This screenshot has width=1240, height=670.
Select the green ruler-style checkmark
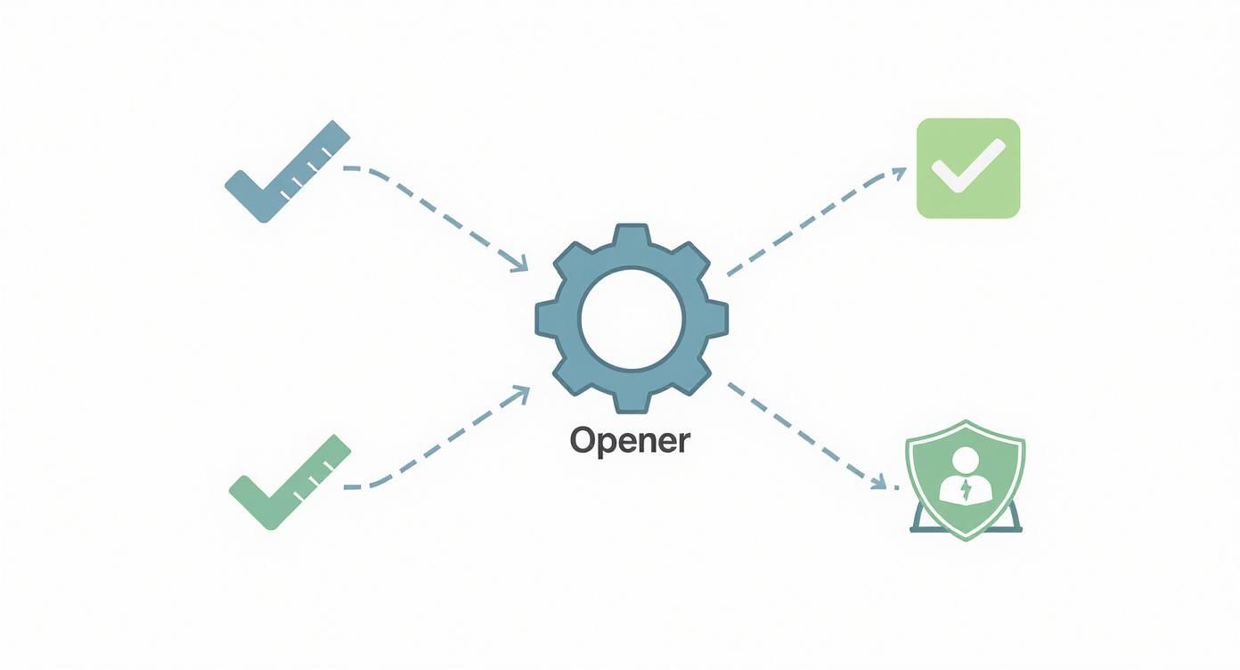pyautogui.click(x=290, y=482)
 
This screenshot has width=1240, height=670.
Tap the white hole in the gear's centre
pyautogui.click(x=632, y=317)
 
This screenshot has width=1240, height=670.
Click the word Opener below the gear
pyautogui.click(x=629, y=440)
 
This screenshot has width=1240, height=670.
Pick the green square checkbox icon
pyautogui.click(x=967, y=168)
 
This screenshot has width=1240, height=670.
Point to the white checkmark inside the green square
pyautogui.click(x=967, y=167)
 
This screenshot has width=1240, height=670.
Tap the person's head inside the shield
pyautogui.click(x=966, y=462)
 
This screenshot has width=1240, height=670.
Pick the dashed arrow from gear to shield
pyautogui.click(x=806, y=434)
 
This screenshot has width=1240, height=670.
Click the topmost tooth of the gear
pyautogui.click(x=632, y=234)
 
